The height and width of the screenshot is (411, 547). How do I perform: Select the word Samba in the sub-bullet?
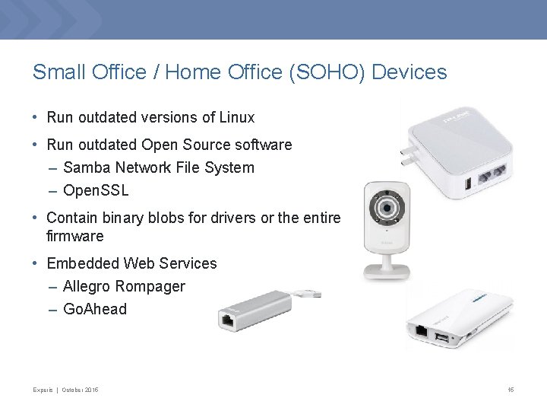pos(87,167)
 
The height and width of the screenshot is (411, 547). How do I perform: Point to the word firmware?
pos(74,236)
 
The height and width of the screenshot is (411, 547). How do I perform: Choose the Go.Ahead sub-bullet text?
pos(95,310)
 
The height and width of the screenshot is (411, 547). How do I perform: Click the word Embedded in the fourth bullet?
pos(80,264)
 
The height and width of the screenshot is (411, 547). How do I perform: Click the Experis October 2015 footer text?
pos(65,390)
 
